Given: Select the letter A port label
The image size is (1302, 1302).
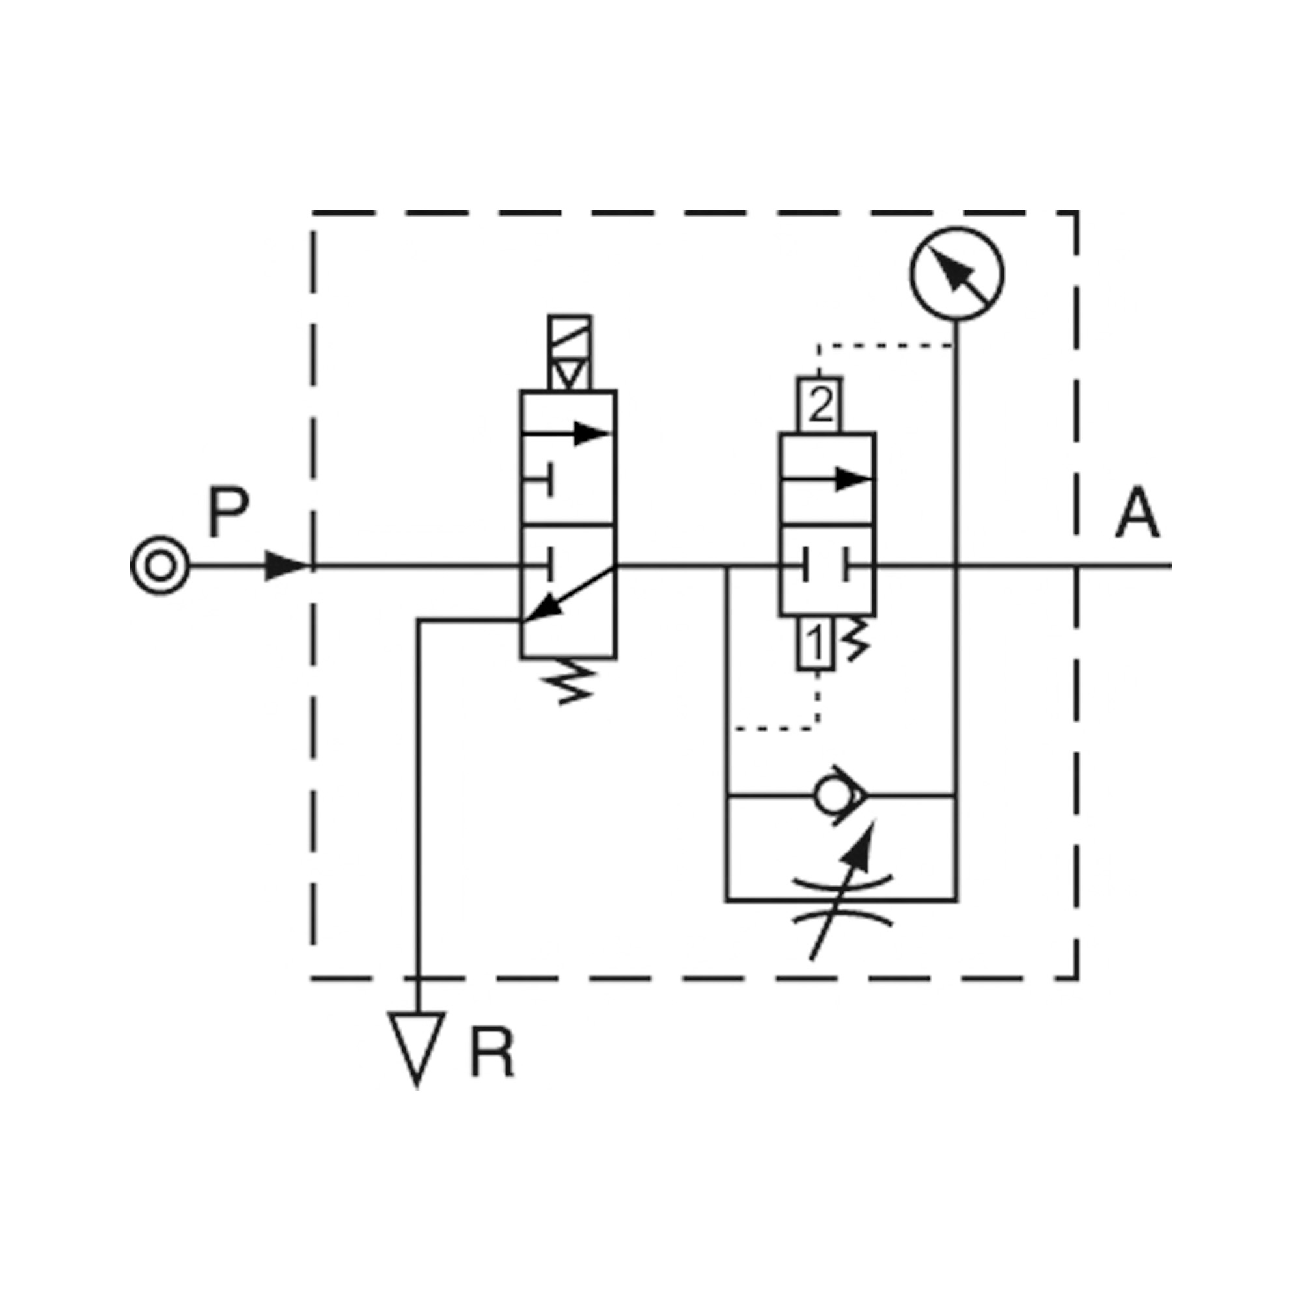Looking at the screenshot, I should [x=1137, y=513].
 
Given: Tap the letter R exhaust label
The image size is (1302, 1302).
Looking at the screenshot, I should [x=492, y=1053].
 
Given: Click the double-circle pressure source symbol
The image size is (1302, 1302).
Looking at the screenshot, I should [x=159, y=566].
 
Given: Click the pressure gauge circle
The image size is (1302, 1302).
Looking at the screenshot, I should [x=956, y=274].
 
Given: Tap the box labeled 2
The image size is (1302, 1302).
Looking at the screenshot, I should [x=820, y=404].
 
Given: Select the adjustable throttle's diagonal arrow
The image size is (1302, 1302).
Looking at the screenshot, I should [x=842, y=889].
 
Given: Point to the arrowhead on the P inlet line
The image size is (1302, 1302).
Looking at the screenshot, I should [x=286, y=566].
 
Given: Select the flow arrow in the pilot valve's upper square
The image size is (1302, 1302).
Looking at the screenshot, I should [x=829, y=479].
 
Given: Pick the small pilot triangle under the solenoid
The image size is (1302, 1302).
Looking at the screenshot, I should [x=570, y=373].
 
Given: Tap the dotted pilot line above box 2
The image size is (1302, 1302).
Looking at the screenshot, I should [x=883, y=346].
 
